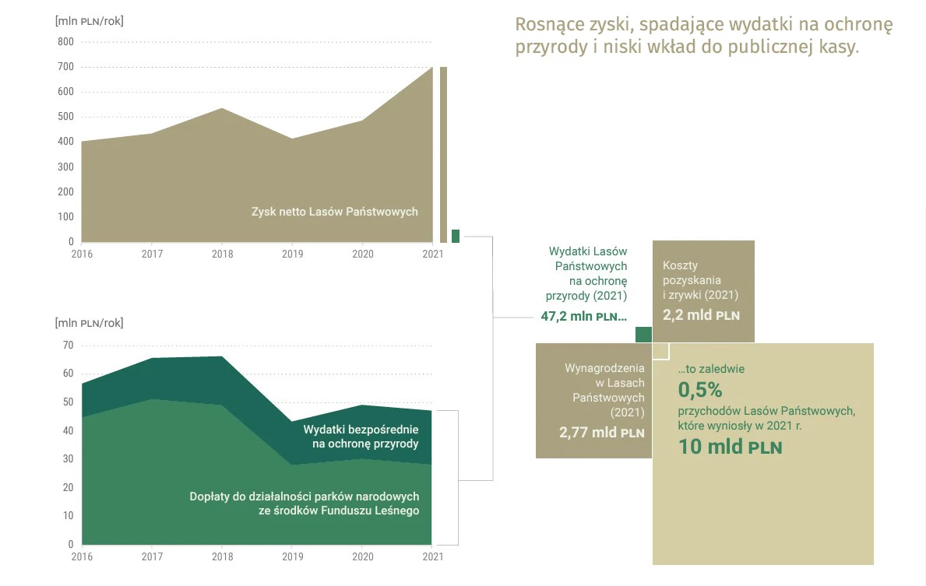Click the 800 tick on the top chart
tap(65, 42)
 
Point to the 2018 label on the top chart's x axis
tap(222, 254)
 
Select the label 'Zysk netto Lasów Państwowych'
tap(334, 211)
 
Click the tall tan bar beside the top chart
tap(443, 154)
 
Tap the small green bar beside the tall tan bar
tap(456, 236)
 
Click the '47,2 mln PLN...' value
tap(583, 316)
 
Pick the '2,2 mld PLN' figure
tap(701, 315)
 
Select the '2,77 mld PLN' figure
tap(601, 433)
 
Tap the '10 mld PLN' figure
tap(730, 447)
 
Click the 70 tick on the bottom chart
tap(68, 345)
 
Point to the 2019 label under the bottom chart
tap(292, 556)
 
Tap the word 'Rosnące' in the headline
tap(550, 25)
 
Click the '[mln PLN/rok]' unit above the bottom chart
tap(89, 323)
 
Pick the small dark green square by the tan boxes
tap(643, 335)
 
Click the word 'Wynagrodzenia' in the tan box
tap(604, 368)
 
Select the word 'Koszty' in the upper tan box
tap(680, 265)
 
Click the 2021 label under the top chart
tap(432, 254)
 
